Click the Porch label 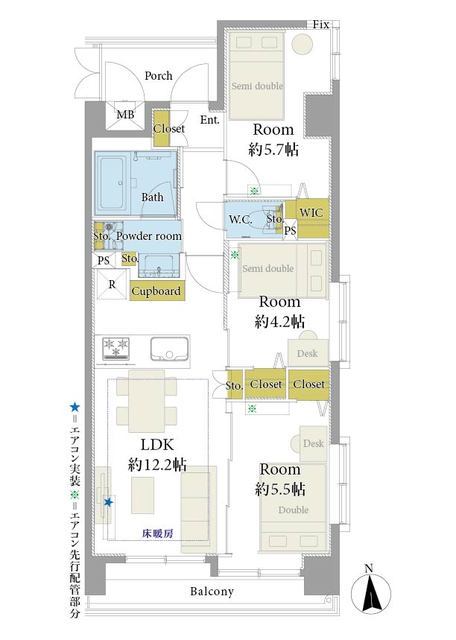tap(158, 76)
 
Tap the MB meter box tap(125, 115)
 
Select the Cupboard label tap(156, 291)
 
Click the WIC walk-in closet tap(311, 213)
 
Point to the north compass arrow tap(371, 592)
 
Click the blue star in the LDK tap(108, 502)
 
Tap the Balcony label tap(212, 591)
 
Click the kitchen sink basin tap(169, 349)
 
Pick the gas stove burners tap(116, 348)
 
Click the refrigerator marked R tap(112, 284)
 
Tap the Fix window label tap(321, 24)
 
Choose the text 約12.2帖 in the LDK tap(157, 464)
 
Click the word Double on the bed tap(294, 510)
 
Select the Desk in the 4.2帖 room tap(308, 352)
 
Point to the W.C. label tap(240, 220)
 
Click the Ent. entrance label tap(210, 120)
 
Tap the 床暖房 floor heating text tap(158, 533)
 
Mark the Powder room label tap(149, 236)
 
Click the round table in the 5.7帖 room tap(303, 42)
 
